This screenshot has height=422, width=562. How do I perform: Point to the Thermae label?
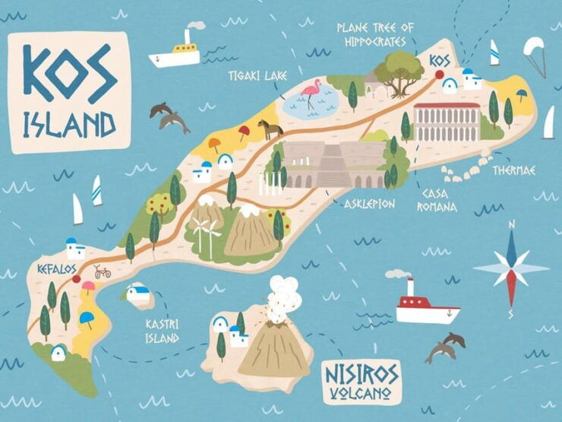(513, 170)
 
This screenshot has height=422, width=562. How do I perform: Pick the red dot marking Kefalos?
(76, 279)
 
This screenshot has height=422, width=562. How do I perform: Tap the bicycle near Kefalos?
(102, 271)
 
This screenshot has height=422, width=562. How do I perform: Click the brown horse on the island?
(270, 130)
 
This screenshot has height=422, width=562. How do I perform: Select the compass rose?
(510, 268)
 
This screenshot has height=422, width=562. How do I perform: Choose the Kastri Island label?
(162, 331)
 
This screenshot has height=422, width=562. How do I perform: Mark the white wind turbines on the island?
(204, 230)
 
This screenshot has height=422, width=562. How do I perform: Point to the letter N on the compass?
(512, 223)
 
